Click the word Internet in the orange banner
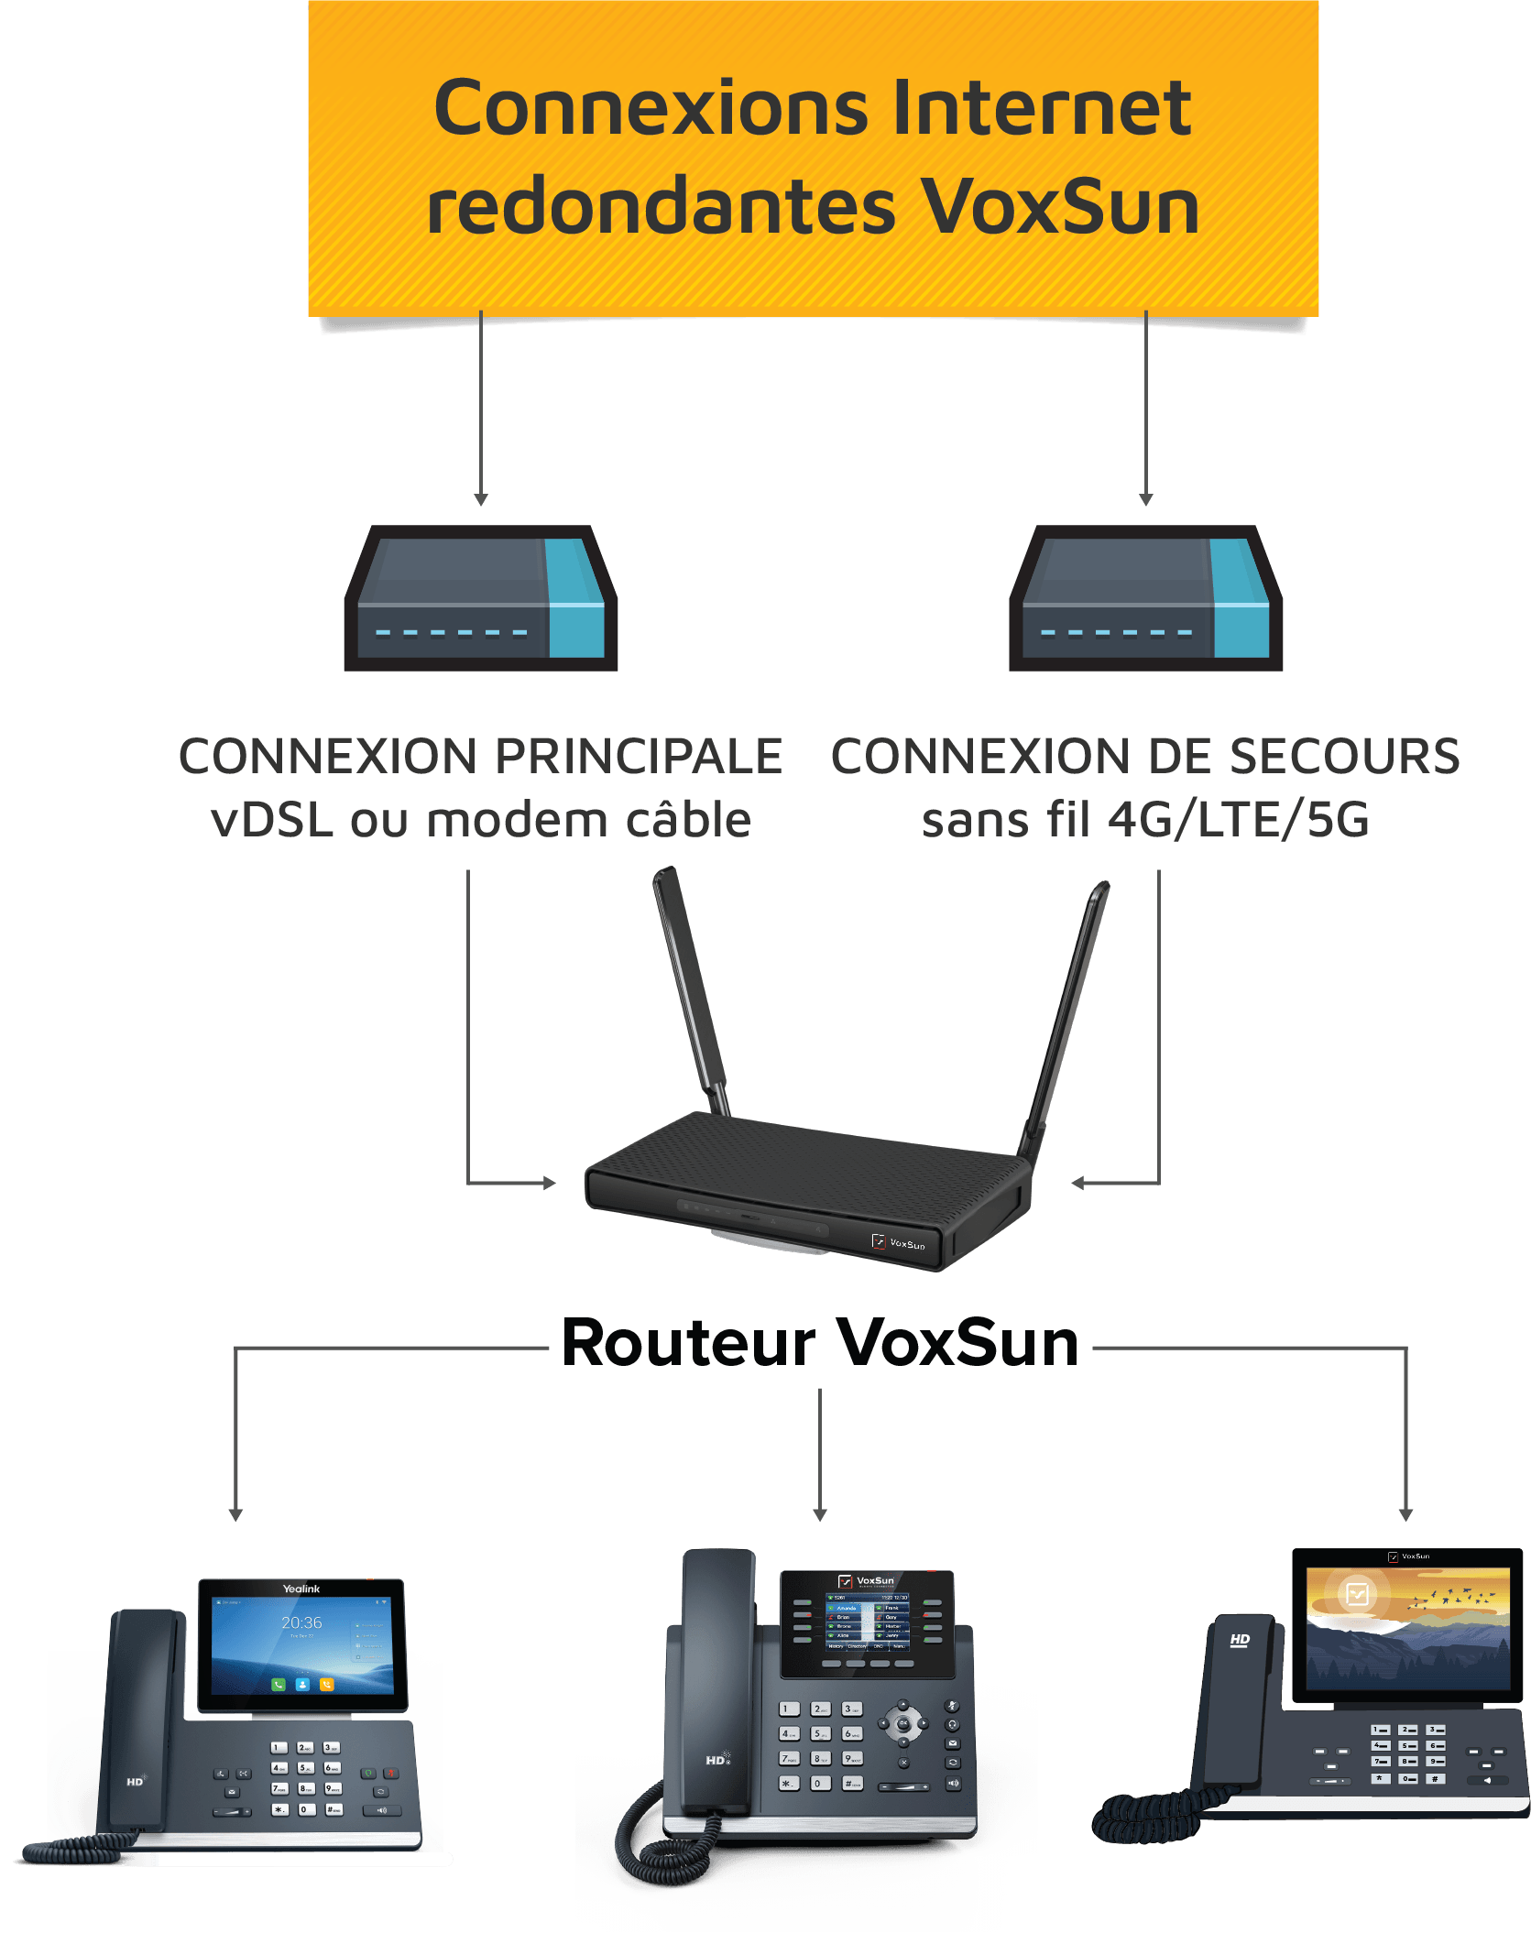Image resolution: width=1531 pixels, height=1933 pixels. point(1041,108)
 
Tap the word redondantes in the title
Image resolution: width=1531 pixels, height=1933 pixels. point(660,207)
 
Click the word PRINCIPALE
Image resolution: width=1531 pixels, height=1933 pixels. point(639,757)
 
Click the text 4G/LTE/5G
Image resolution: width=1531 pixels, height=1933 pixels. point(1238,820)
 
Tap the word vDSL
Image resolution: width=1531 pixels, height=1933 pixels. point(271,820)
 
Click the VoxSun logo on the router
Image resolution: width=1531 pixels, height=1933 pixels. point(899,1243)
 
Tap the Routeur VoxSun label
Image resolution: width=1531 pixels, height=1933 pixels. point(820,1344)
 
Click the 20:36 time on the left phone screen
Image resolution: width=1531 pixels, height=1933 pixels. point(301,1622)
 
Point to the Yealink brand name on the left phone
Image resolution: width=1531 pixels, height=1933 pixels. point(301,1589)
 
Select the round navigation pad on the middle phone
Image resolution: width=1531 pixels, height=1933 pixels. point(903,1723)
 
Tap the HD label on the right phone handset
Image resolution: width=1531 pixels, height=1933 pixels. point(1240,1639)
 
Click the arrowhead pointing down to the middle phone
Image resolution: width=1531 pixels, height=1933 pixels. point(820,1515)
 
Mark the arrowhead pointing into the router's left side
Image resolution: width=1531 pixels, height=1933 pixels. point(549,1183)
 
